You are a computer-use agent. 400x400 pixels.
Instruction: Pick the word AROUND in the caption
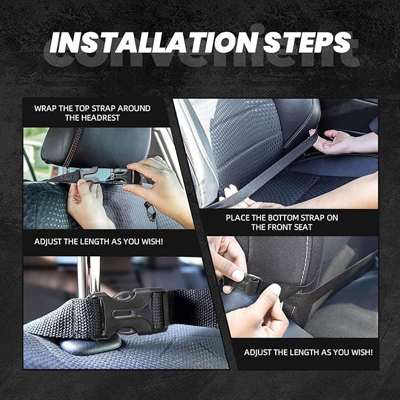(x=133, y=108)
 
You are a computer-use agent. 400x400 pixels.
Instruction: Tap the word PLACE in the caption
(x=239, y=217)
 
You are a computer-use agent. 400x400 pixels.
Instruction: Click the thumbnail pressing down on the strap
(x=275, y=289)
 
